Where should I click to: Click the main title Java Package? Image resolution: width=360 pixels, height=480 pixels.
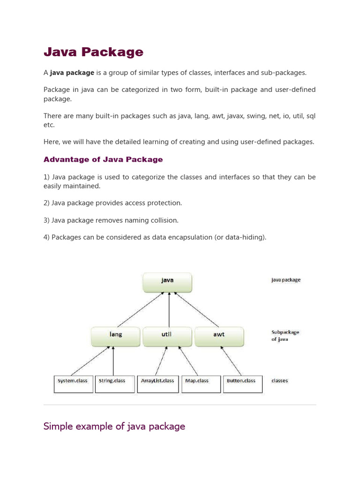click(93, 52)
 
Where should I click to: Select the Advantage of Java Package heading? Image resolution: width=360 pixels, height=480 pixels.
click(103, 159)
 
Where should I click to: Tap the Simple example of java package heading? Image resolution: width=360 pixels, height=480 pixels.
click(114, 426)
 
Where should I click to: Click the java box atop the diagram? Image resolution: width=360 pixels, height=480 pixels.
click(167, 281)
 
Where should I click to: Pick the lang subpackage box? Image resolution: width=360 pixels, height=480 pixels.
click(115, 335)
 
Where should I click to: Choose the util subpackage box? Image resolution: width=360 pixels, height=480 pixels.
click(167, 335)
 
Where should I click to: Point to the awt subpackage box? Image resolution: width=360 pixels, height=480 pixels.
click(219, 335)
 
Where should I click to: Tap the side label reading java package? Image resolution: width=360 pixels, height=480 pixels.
click(286, 280)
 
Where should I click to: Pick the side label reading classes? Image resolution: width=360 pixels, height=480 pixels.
click(280, 381)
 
